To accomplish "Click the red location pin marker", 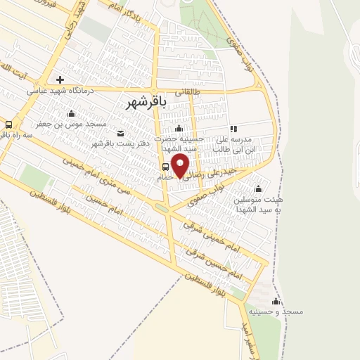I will point(181,165).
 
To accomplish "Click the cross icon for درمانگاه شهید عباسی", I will point(60,79).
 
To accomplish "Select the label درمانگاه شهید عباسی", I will point(60,91).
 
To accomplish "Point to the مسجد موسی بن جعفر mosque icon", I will point(70,113).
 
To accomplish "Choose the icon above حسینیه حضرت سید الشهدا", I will point(179,128).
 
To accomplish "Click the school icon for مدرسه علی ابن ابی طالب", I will point(233,129).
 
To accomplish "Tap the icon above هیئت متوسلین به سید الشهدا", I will point(258,188).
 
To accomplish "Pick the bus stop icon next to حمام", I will point(164,167).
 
